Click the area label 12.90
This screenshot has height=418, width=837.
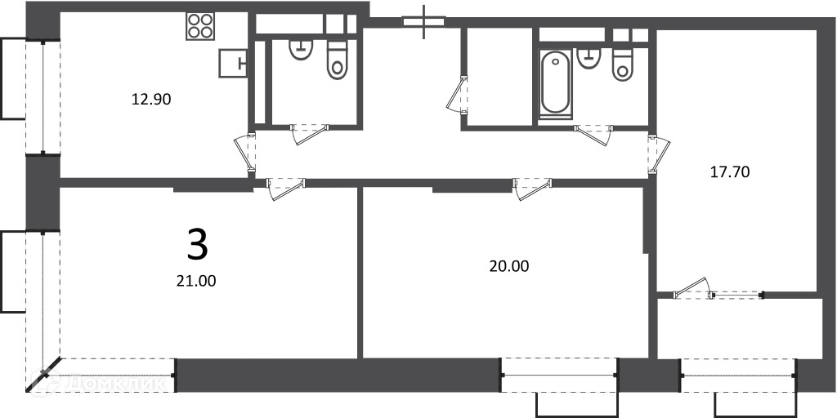(151, 99)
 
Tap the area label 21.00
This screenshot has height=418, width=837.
(196, 281)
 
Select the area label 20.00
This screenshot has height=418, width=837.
(509, 266)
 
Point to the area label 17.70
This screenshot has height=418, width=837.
(730, 172)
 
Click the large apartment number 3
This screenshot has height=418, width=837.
(197, 243)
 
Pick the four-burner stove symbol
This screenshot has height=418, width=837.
(200, 26)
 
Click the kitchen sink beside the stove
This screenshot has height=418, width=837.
(233, 64)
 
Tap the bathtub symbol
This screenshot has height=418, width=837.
(555, 83)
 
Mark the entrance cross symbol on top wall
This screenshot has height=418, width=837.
(424, 22)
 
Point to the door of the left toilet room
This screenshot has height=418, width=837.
(310, 135)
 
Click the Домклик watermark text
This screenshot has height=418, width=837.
(101, 382)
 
